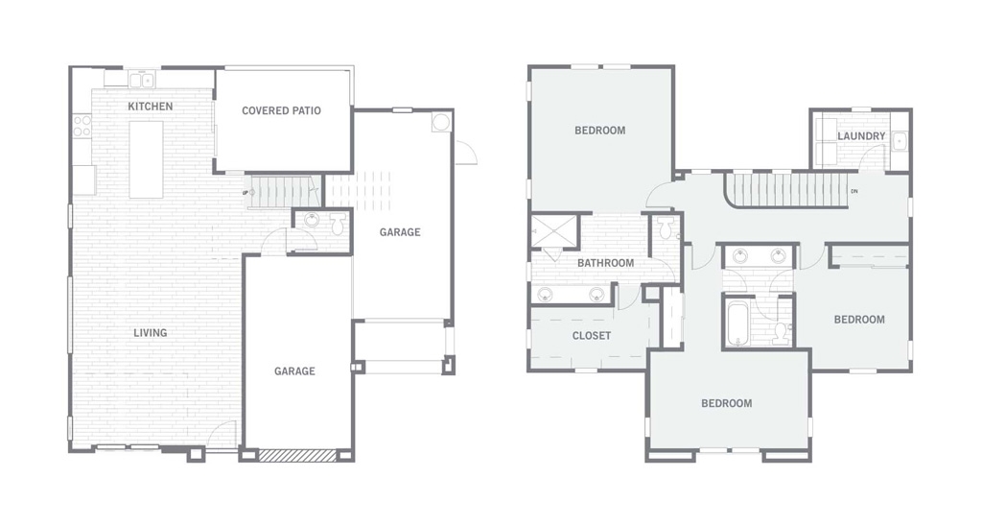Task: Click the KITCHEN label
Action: pyautogui.click(x=151, y=107)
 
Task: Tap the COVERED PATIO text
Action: pyautogui.click(x=281, y=111)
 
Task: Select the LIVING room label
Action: pyautogui.click(x=151, y=333)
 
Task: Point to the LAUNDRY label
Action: pyautogui.click(x=861, y=136)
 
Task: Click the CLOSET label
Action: pyautogui.click(x=591, y=336)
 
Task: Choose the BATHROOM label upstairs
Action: pyautogui.click(x=605, y=263)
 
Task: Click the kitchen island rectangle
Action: pyautogui.click(x=146, y=159)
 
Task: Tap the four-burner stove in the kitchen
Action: pyautogui.click(x=82, y=126)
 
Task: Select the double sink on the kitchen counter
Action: pyautogui.click(x=142, y=80)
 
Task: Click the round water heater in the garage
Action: pyautogui.click(x=440, y=122)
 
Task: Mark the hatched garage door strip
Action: pyautogui.click(x=297, y=455)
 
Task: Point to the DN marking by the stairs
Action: pyautogui.click(x=854, y=191)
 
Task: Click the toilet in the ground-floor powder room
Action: pyautogui.click(x=338, y=223)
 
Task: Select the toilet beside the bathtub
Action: pyautogui.click(x=781, y=332)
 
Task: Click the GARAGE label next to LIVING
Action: pyautogui.click(x=294, y=371)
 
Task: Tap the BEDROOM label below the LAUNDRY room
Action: pyautogui.click(x=859, y=320)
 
